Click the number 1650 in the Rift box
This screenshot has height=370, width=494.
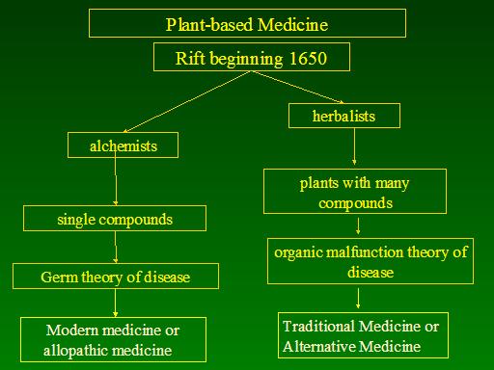click(308, 58)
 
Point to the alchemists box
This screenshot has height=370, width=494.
click(123, 145)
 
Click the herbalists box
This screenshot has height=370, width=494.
click(344, 116)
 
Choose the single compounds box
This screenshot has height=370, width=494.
click(115, 219)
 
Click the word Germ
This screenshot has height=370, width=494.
click(60, 277)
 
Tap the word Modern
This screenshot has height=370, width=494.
click(72, 330)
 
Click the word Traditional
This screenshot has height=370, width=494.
click(318, 327)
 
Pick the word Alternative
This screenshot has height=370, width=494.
click(319, 347)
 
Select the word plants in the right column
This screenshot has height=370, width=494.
click(319, 184)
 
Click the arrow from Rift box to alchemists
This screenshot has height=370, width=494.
click(186, 102)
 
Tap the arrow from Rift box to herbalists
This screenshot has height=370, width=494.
click(297, 87)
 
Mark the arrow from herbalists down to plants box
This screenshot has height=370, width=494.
click(354, 146)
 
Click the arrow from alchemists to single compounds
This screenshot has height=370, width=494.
click(116, 178)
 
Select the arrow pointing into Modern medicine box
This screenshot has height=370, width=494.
click(115, 303)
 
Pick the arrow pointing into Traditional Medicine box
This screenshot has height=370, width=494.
click(358, 299)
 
